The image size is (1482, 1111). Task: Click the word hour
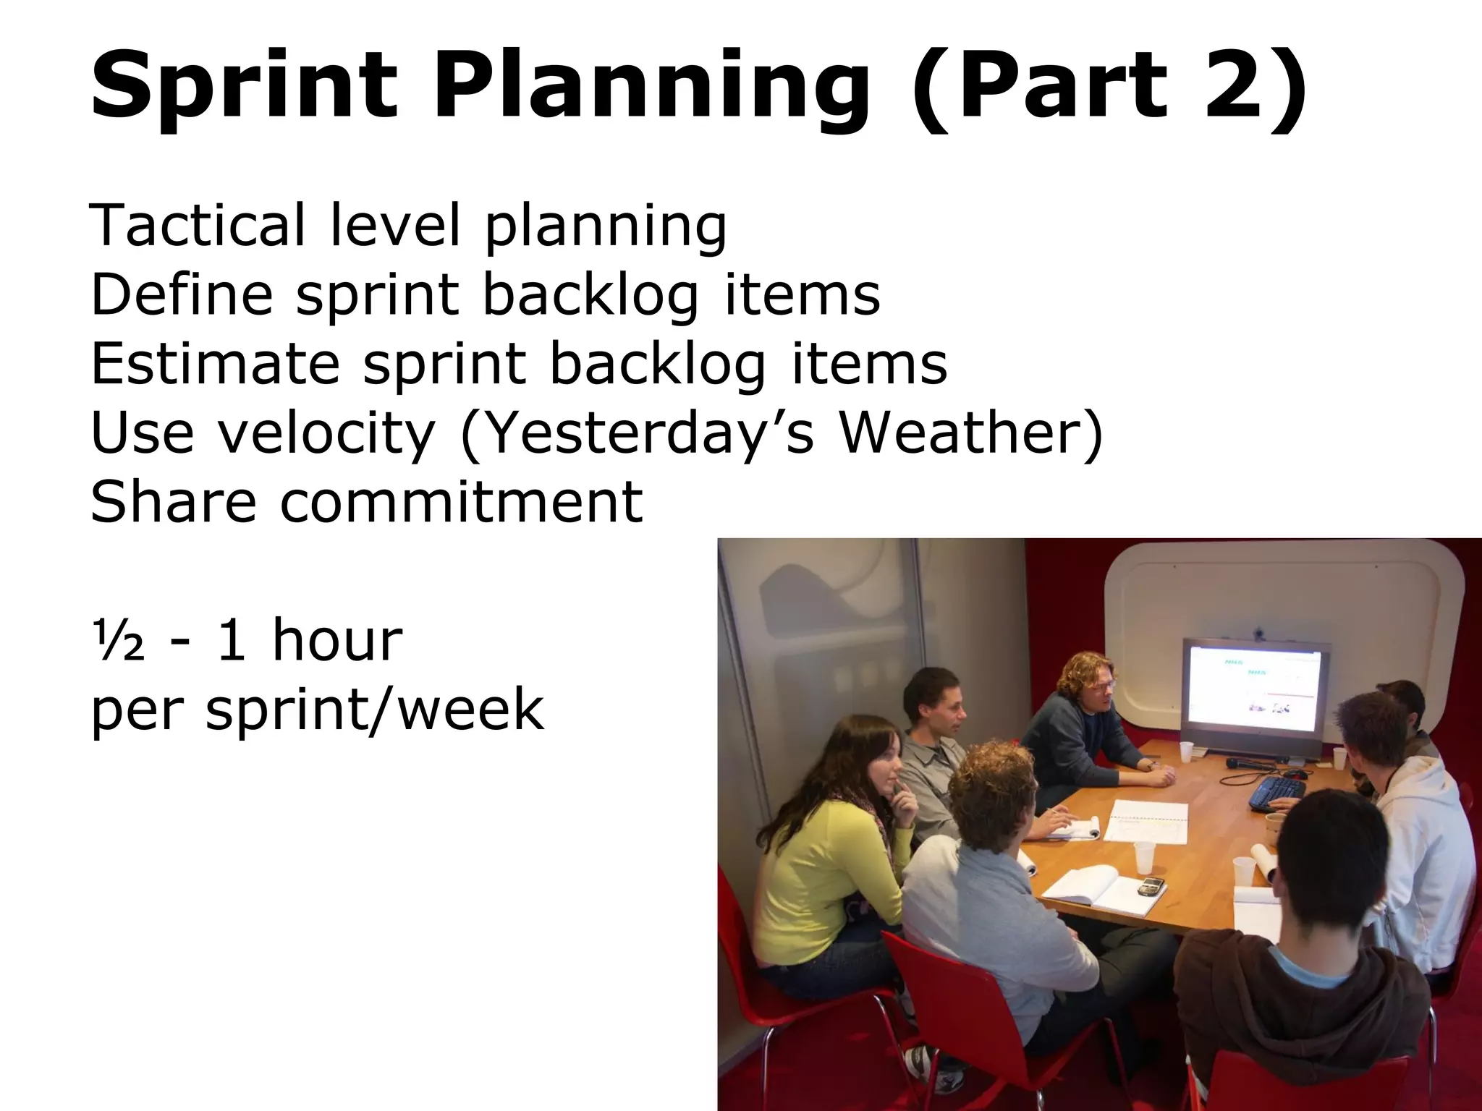(336, 641)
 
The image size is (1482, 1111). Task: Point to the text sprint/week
(374, 710)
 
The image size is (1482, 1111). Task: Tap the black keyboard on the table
(1277, 791)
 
